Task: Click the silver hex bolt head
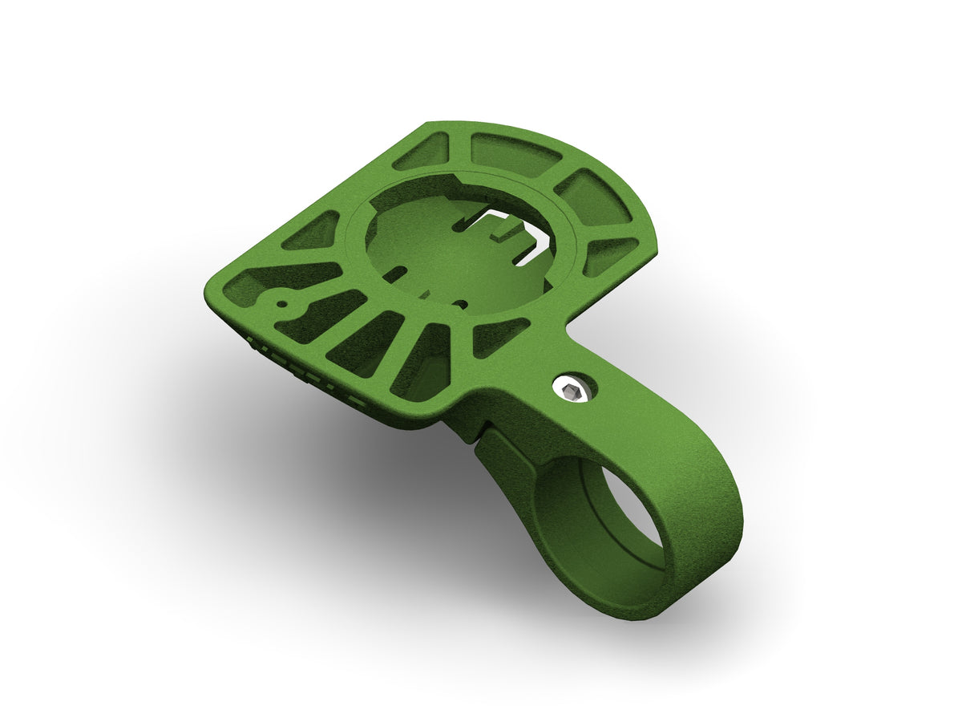[x=572, y=391]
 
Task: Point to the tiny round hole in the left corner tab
[x=282, y=303]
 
